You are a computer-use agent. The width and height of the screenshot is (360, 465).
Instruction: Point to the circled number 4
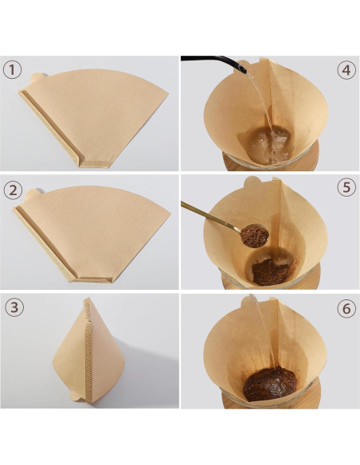pyautogui.click(x=346, y=69)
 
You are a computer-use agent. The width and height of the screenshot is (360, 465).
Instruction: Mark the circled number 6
pyautogui.click(x=346, y=308)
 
